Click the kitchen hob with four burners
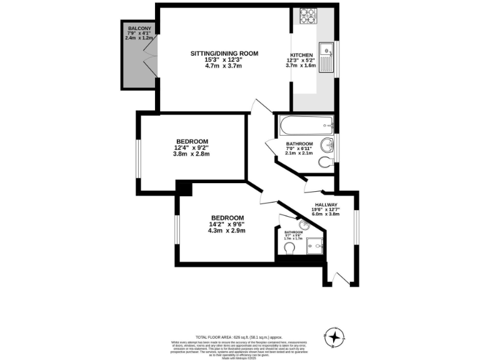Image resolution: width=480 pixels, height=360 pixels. click(x=307, y=16)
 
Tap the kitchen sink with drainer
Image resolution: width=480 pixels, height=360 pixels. click(x=326, y=56)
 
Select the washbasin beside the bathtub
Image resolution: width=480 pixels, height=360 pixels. click(x=327, y=147)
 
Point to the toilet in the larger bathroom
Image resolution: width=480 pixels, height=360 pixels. click(x=324, y=162)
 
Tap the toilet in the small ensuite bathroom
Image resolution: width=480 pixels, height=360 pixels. click(x=289, y=249)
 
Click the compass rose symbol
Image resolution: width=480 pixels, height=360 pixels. click(x=336, y=338)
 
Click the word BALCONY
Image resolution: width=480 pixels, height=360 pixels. click(x=138, y=29)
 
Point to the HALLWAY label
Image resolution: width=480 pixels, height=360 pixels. click(x=326, y=205)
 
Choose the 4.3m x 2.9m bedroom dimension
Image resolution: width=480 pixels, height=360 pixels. click(x=227, y=231)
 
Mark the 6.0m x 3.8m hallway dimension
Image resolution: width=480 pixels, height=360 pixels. click(x=326, y=214)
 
